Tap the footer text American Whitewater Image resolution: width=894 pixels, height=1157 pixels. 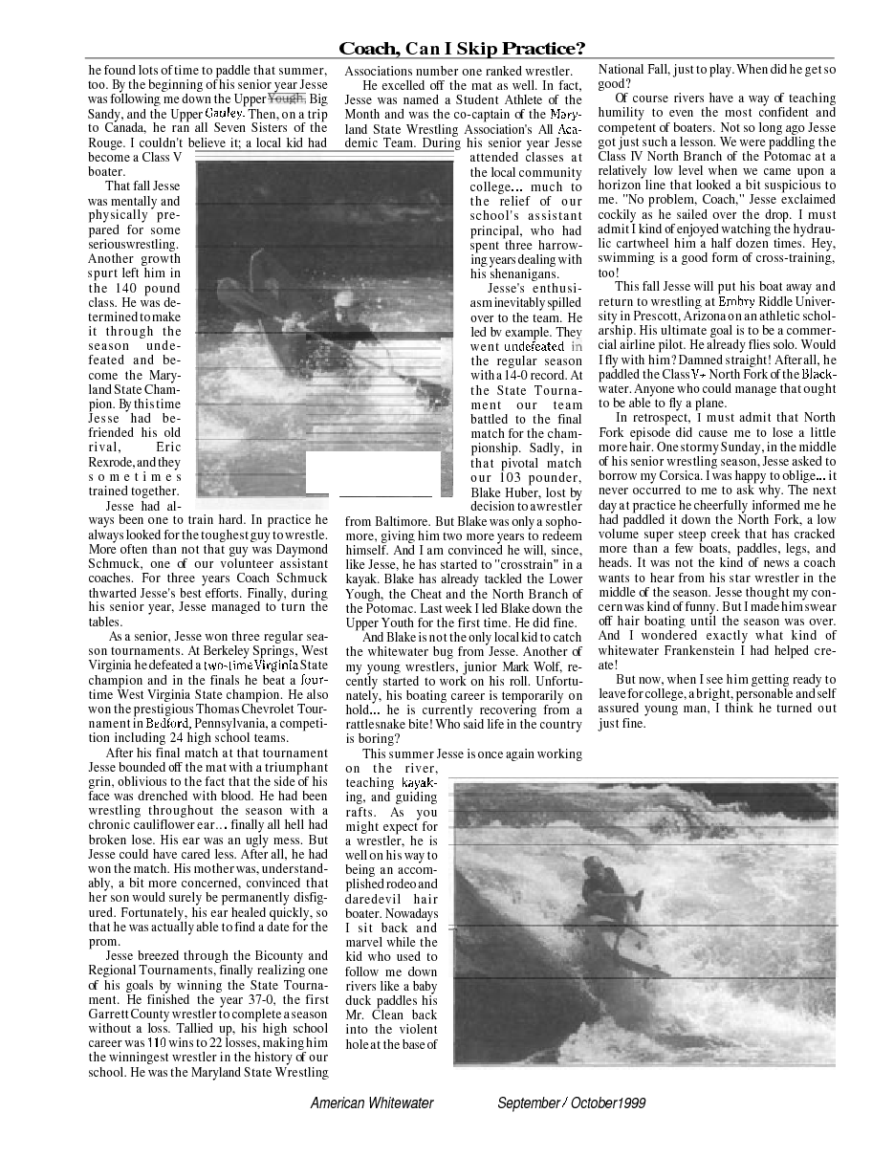(372, 1102)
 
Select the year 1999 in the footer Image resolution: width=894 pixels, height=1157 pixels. (631, 1102)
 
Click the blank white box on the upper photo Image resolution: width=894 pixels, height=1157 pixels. (373, 473)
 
